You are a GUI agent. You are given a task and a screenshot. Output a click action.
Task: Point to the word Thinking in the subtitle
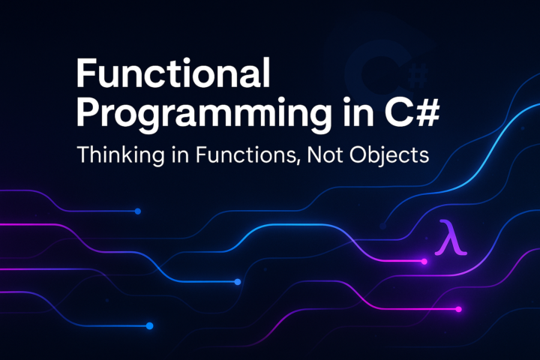coord(115,157)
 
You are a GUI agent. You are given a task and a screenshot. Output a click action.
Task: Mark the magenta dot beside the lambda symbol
coord(424,262)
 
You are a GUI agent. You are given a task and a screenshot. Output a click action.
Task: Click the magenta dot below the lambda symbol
coord(459,308)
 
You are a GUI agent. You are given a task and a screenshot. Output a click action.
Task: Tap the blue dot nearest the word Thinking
coord(138,211)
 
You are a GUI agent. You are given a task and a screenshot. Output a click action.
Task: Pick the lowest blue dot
coord(149,325)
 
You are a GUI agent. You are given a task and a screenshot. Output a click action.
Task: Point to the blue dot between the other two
coord(238,282)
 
